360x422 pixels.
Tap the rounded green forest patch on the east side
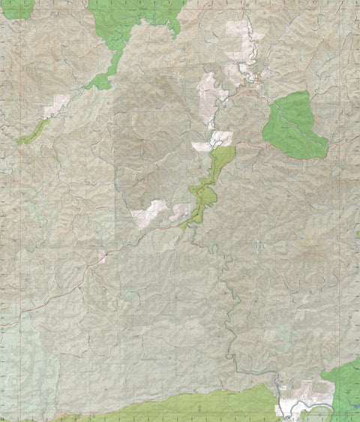pyautogui.click(x=294, y=125)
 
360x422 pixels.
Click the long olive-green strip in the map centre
pyautogui.click(x=208, y=180)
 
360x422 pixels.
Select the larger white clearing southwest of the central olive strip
pyautogui.click(x=148, y=213)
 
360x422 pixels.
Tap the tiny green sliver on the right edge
pyautogui.click(x=358, y=234)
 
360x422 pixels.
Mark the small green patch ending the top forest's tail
pyautogui.click(x=98, y=83)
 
